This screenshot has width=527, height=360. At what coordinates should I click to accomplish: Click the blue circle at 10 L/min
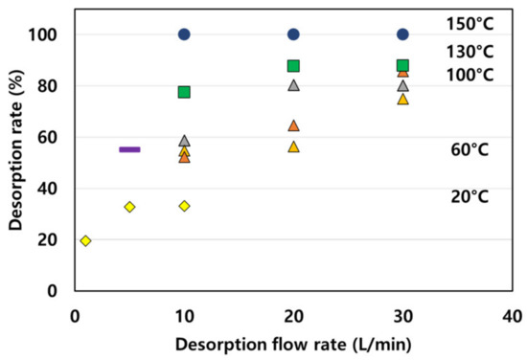point(184,34)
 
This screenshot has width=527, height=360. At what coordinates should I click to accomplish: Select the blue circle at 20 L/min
point(293,34)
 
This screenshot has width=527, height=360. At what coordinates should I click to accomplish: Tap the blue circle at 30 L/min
point(402,34)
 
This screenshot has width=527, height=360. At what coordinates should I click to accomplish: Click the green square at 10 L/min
point(184,92)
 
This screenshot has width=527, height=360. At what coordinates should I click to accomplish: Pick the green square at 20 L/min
point(293,66)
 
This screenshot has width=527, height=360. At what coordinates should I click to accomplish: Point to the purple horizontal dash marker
point(129,149)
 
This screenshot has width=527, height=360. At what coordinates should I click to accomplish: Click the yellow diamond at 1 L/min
point(85,240)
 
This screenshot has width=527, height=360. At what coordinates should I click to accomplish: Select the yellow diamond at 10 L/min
point(184,206)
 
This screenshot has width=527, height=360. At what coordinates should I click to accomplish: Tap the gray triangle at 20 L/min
point(293,85)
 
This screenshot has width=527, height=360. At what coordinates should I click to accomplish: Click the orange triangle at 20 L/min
point(293,125)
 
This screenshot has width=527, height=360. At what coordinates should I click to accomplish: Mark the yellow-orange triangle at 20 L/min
point(293,146)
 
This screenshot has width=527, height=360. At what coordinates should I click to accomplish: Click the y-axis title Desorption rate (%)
point(16,151)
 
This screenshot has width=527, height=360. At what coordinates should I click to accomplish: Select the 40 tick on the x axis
point(512,315)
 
